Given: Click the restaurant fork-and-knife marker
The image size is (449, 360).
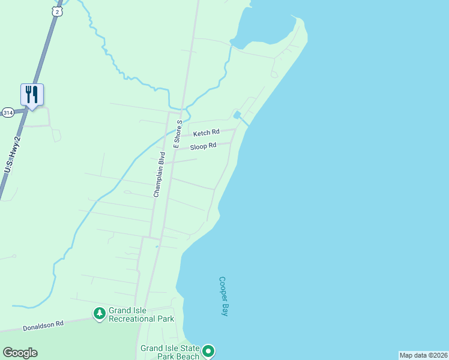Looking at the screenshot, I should click(32, 95).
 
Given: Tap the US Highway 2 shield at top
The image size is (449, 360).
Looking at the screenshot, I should click(56, 11).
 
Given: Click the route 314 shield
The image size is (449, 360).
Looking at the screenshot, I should click(7, 112).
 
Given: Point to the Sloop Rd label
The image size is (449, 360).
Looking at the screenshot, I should click(203, 146).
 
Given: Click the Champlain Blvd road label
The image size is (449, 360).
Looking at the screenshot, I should click(159, 174).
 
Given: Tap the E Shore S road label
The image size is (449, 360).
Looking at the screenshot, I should click(178, 133).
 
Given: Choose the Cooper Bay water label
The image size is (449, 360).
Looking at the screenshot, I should click(223, 296).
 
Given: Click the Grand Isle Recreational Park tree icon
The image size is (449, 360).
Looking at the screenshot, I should click(99, 313).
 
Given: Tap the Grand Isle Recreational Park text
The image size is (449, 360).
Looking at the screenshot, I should click(141, 314).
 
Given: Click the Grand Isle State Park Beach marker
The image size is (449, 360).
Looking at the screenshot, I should click(208, 351).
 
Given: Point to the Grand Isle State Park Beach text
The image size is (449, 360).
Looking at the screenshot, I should click(170, 352).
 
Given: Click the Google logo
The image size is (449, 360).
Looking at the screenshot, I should click(20, 353).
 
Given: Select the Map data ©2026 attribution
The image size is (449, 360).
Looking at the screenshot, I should click(423, 355).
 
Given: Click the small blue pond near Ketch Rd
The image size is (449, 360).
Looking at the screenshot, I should click(238, 115).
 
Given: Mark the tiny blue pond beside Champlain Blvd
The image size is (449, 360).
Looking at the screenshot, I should click(157, 246).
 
